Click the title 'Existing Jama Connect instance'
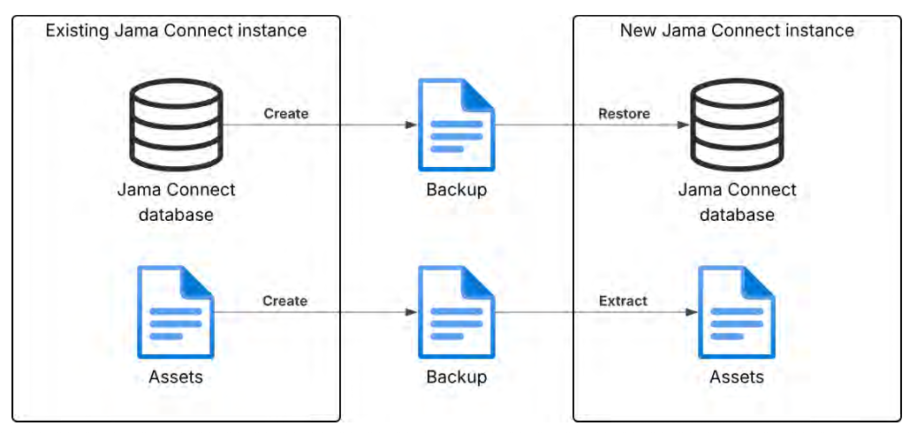point(176,30)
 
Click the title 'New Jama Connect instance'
point(737,30)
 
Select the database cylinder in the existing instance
point(176,125)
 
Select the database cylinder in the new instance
point(737,125)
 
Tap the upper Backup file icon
point(456,125)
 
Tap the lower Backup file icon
point(456,312)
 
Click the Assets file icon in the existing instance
point(176,312)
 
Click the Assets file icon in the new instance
point(737,312)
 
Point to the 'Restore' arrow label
point(624,113)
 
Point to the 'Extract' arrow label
point(623,301)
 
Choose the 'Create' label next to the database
point(286,113)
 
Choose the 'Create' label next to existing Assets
point(284,301)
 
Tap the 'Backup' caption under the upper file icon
point(456,191)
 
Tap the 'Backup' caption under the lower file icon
point(456,377)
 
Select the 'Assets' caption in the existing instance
point(176,377)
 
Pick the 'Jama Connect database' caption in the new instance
point(737,202)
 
